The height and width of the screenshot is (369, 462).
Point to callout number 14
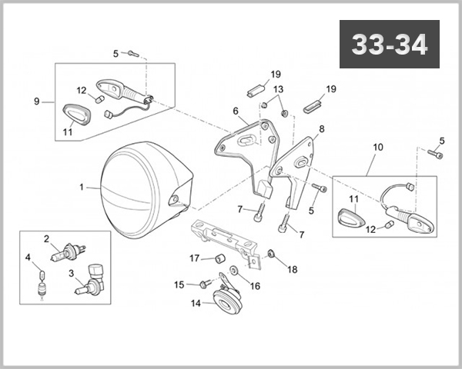coord(195,304)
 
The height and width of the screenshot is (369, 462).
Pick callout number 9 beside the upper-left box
coord(37,101)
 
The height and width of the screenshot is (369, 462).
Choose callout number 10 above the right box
coord(377,147)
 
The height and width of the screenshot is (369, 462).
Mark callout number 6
coord(236,111)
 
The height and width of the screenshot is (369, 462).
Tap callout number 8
coord(321,129)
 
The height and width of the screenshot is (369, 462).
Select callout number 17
coord(195,258)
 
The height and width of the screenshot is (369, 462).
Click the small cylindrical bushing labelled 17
coord(219,258)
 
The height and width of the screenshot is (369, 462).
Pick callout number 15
coord(179,285)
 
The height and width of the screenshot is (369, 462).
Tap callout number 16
coord(255,286)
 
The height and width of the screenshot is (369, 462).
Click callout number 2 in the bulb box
coord(46,238)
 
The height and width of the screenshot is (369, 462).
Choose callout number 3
coord(72,273)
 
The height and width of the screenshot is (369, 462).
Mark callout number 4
coord(28,258)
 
